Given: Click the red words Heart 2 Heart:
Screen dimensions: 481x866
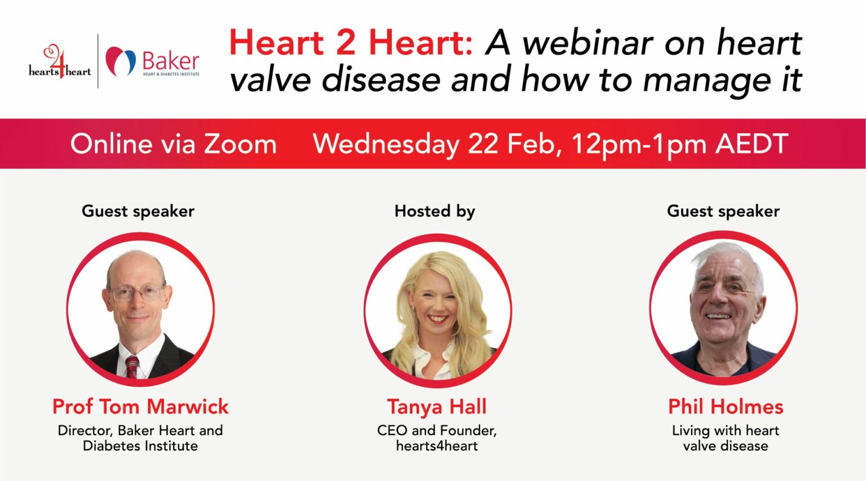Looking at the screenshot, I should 351,43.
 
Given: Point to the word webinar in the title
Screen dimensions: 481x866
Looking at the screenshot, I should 589,43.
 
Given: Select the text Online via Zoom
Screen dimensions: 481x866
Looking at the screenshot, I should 173,144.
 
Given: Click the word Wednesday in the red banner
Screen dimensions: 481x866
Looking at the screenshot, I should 386,144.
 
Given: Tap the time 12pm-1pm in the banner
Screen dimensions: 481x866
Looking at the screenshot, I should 638,144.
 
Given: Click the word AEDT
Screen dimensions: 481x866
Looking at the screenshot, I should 752,144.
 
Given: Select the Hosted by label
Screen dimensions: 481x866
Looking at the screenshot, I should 435,211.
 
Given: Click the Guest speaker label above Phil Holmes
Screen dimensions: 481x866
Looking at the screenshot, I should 723,211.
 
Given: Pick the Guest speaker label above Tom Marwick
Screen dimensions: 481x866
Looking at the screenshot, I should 138,211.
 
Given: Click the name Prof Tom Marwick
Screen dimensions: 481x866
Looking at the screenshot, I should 140,407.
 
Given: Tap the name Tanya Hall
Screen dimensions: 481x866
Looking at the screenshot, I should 437,407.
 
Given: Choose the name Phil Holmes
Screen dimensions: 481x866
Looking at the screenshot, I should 726,407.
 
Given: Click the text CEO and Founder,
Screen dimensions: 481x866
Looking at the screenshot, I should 437,430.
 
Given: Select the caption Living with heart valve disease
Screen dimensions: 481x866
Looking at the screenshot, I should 726,438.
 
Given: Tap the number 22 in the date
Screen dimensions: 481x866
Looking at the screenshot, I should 483,144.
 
